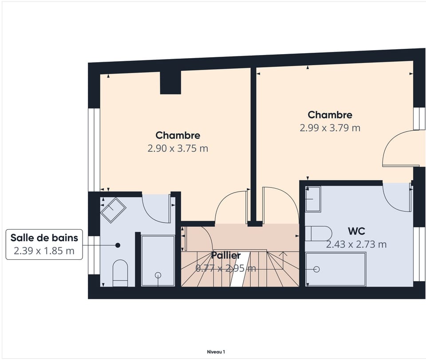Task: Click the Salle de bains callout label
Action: tap(44, 238)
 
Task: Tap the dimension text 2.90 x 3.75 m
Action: tap(178, 149)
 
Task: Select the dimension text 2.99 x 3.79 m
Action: tap(330, 128)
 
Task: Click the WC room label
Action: tap(356, 231)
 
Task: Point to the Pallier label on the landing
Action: tap(226, 255)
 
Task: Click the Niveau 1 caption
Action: tap(216, 352)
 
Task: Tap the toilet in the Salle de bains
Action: tap(120, 273)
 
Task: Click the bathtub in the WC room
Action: tap(336, 269)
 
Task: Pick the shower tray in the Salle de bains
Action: tap(158, 261)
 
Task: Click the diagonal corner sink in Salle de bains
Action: tap(113, 210)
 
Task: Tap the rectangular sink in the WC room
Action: tap(313, 199)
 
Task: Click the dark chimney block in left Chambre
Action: tap(170, 82)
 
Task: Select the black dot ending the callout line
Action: tap(118, 245)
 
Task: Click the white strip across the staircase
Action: tap(240, 269)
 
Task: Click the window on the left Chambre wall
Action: tap(94, 150)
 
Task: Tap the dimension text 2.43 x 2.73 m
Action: tap(356, 244)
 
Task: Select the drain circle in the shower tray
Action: tap(158, 275)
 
